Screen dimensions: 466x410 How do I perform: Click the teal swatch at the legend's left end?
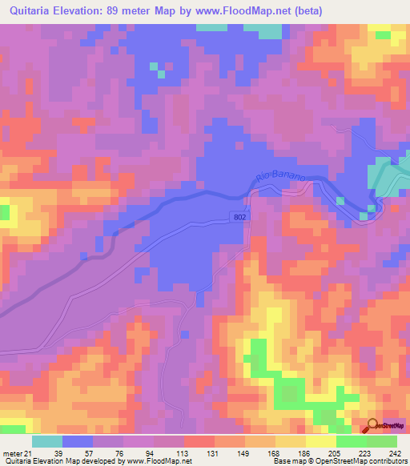click(47, 441)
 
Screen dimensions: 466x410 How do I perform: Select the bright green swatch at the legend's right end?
click(382, 441)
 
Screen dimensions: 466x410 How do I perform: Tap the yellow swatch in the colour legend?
click(320, 441)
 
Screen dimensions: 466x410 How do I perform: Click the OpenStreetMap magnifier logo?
click(374, 427)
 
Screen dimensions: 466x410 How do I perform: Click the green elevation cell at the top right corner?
click(382, 35)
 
